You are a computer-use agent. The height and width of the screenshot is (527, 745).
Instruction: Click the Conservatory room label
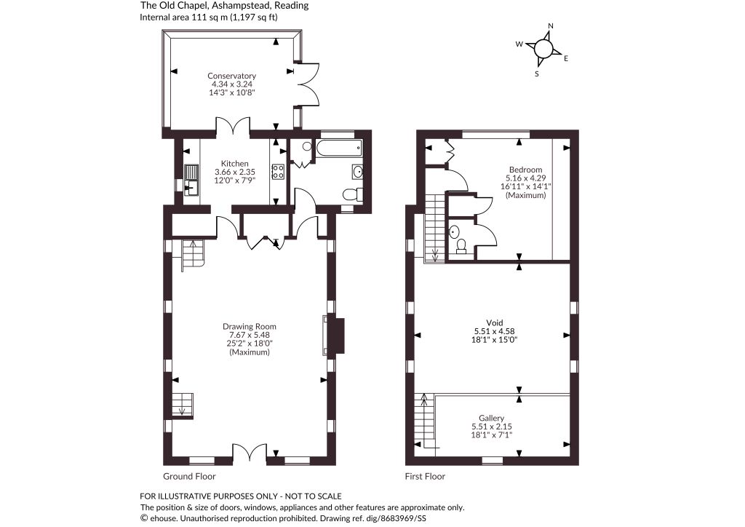[232, 76]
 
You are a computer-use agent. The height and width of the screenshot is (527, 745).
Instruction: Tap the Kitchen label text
[235, 164]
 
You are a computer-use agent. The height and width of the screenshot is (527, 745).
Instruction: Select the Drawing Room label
[250, 327]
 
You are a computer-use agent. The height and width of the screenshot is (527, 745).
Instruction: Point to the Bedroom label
[525, 170]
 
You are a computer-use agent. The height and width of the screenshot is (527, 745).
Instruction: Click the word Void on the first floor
[495, 323]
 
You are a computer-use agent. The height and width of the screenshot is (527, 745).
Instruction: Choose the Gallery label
[491, 418]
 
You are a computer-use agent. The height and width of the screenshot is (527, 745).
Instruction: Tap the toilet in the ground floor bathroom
[353, 194]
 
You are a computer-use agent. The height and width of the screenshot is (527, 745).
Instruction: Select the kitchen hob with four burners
[278, 172]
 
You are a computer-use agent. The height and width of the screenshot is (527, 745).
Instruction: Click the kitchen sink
[191, 180]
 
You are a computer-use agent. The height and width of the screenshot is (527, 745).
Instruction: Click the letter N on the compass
[551, 26]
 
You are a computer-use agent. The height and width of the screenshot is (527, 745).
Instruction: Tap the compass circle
[543, 49]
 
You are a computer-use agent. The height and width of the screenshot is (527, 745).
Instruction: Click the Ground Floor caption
[189, 476]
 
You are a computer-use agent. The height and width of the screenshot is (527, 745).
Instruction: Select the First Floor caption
[425, 476]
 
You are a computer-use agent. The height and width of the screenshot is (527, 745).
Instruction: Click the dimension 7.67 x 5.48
[250, 335]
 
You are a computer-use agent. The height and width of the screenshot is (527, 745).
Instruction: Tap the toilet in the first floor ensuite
[461, 246]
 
